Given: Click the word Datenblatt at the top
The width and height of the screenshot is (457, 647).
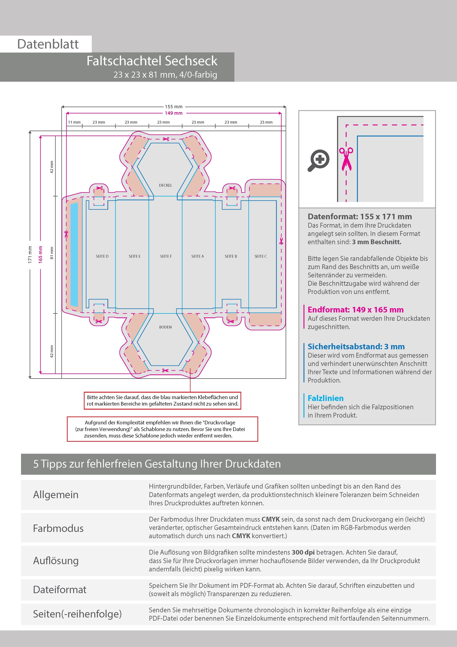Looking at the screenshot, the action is [x=48, y=44].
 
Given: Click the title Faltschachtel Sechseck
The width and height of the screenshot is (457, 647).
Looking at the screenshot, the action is [x=152, y=61].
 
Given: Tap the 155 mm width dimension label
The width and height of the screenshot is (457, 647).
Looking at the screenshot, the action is [x=174, y=107].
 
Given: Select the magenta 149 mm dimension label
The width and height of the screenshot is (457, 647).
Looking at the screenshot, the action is [x=174, y=113].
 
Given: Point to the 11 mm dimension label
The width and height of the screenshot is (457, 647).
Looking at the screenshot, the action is [x=74, y=122].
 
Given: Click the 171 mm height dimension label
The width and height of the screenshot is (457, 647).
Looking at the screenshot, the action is [x=30, y=255].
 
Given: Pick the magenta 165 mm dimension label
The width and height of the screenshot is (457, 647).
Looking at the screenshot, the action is [x=41, y=255].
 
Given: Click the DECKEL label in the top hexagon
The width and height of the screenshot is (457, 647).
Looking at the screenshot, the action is [x=165, y=185].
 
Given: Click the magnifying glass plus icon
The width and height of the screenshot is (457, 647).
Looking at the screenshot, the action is [x=318, y=160].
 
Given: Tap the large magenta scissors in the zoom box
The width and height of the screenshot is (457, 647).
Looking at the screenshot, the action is [x=346, y=159].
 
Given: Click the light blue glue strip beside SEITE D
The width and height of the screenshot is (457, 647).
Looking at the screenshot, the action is [x=74, y=255].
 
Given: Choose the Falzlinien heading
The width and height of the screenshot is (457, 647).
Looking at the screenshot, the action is [x=325, y=398].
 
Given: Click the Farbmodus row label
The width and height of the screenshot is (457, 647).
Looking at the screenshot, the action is [x=58, y=528].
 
